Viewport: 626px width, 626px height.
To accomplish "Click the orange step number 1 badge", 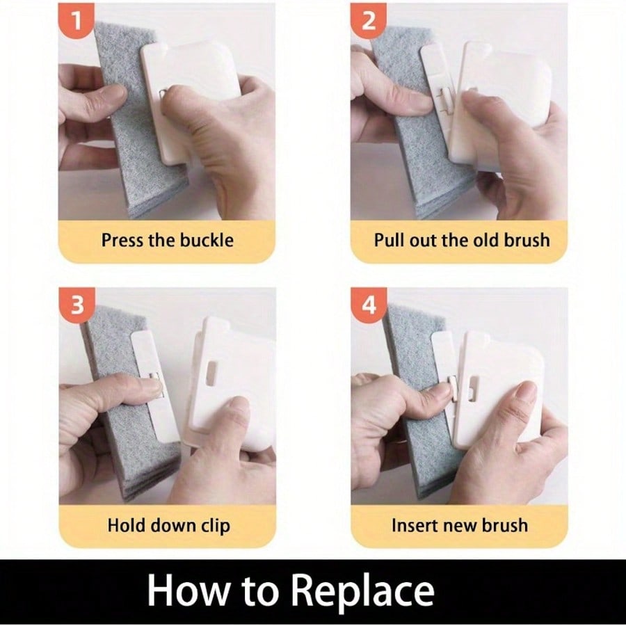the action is (77, 20).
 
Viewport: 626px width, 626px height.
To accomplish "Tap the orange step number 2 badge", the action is (368, 20).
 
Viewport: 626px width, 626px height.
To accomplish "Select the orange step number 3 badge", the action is (77, 305).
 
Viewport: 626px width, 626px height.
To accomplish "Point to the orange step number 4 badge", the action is (369, 305).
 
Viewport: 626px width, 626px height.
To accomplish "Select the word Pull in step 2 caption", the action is (390, 241).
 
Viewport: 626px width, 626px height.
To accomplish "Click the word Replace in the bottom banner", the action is (362, 591).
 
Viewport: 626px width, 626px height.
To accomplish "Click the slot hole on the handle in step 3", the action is (211, 374).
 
